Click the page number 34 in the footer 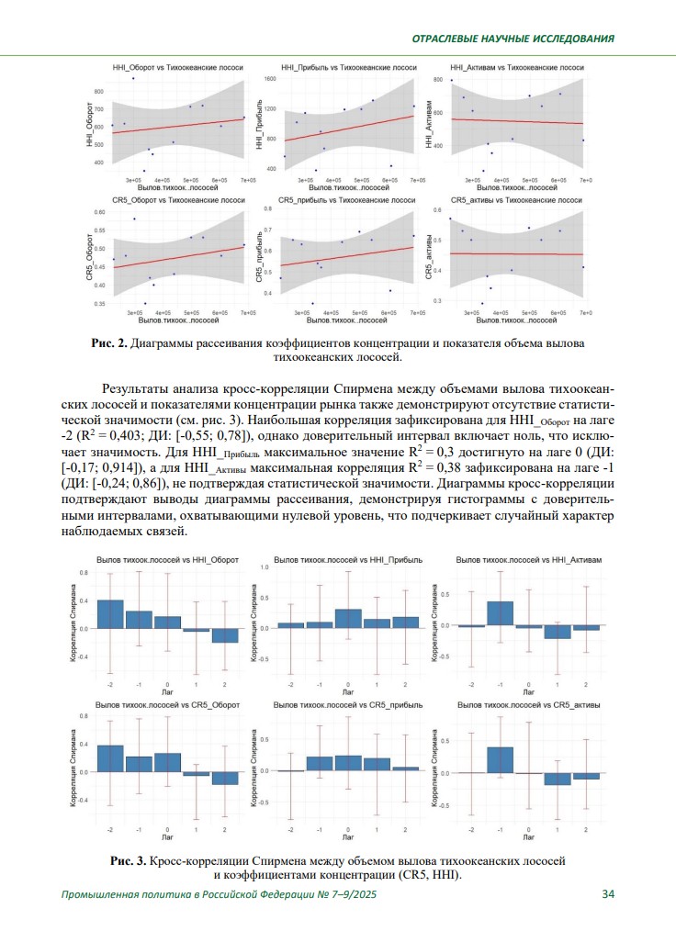pos(608,895)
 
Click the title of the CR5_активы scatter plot pos(516,199)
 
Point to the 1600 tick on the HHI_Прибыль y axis pos(270,80)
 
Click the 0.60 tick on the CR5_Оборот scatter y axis pos(100,212)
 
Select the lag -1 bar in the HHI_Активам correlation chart pos(500,613)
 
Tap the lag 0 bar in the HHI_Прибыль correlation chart pos(348,619)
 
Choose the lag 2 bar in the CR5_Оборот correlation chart pos(225,778)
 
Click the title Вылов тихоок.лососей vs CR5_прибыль pos(349,705)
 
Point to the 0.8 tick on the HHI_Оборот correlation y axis pos(84,573)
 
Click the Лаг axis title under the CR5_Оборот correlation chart pos(167,838)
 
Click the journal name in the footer pos(219,895)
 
